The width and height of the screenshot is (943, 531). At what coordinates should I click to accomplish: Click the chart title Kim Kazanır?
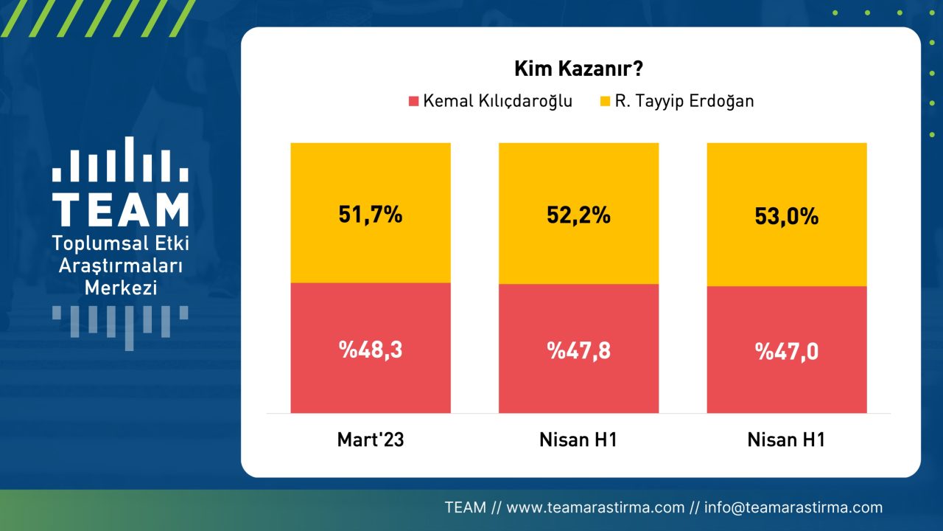coord(579,70)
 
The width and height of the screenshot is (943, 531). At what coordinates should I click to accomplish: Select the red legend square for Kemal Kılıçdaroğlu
coord(413,101)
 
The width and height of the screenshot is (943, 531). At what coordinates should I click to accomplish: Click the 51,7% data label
coord(371,215)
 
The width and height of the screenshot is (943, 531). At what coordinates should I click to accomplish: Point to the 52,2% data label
coord(578,215)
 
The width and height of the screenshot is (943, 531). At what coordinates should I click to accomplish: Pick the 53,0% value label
coord(787,217)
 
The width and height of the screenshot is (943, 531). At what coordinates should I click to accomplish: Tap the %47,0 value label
coord(787,352)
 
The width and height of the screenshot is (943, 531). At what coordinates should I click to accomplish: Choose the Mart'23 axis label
coord(371,440)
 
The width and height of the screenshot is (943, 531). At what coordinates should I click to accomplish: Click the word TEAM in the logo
coord(120,210)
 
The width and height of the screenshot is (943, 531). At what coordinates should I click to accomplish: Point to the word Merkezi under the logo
coord(121,288)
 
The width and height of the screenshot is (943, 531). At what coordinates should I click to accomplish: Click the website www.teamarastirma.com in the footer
coord(596,507)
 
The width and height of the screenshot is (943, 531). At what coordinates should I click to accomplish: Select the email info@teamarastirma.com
coord(793,507)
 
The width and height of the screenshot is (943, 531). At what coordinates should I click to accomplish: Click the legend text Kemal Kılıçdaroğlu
coord(497,101)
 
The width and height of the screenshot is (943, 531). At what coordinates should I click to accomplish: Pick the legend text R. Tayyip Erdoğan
coord(685,101)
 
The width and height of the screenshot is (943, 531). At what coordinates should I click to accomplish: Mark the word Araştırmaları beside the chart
coord(121,265)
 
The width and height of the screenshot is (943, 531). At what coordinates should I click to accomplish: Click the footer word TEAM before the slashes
coord(465,507)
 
